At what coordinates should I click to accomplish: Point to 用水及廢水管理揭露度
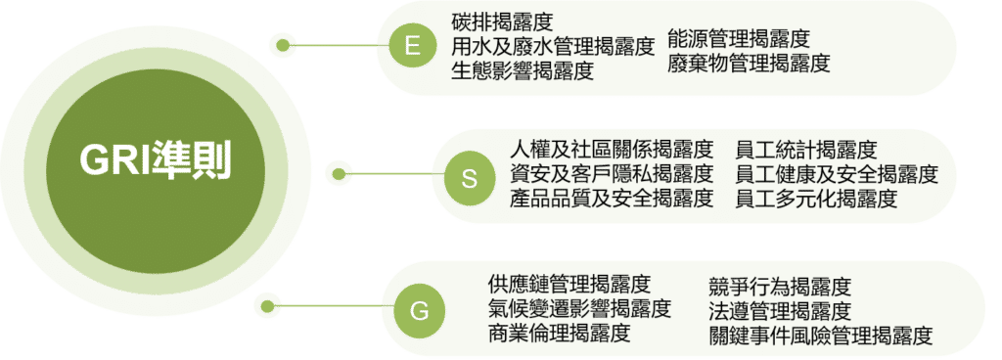coord(552,46)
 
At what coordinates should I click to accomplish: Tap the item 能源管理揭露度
coord(739,39)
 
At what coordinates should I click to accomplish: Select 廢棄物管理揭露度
coord(749,64)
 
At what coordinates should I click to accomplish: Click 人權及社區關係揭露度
coord(612,151)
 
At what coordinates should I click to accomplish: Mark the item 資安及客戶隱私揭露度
coord(612,175)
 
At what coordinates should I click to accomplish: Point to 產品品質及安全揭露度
coord(612,200)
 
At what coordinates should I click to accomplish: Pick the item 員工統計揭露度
coord(806,151)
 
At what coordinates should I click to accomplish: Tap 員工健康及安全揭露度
coord(837,175)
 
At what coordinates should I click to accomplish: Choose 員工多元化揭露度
coord(816,200)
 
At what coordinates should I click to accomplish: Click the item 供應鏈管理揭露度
coord(569,285)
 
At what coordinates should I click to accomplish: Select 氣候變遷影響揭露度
coord(579,309)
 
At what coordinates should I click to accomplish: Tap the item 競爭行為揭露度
coord(780,287)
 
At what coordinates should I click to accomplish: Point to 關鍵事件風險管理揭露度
coord(820,336)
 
